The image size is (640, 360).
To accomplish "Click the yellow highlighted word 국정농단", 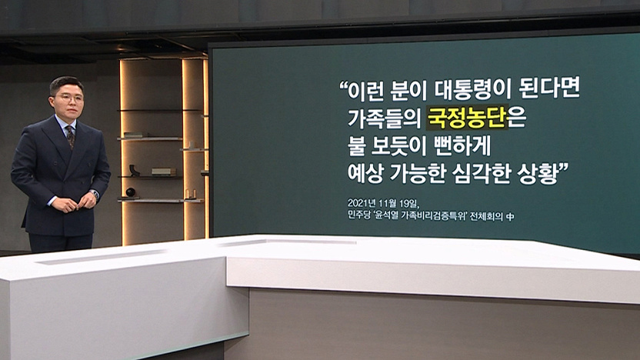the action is pos(466,118).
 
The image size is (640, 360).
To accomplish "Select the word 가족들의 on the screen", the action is pos(383,118).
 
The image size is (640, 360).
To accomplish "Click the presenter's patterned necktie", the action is pos(71,137).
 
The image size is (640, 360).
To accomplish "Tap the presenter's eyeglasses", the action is pos(68,98).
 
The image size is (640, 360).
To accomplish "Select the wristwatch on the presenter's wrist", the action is pos(95,194).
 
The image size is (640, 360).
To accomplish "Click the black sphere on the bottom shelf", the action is pos(130,192).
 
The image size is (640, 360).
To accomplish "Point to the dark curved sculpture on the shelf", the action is pos(134,170).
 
